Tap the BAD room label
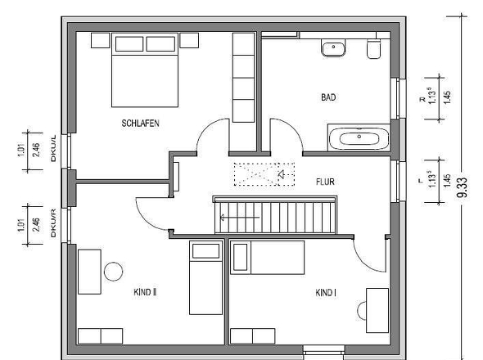pyautogui.click(x=328, y=97)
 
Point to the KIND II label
pyautogui.click(x=145, y=290)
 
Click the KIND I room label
pyautogui.click(x=325, y=291)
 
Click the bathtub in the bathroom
pyautogui.click(x=359, y=138)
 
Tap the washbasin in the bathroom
pyautogui.click(x=334, y=50)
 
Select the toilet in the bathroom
pyautogui.click(x=375, y=52)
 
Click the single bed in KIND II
pyautogui.click(x=205, y=278)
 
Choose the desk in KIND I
pyautogui.click(x=377, y=310)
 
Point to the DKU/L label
pyautogui.click(x=54, y=150)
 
